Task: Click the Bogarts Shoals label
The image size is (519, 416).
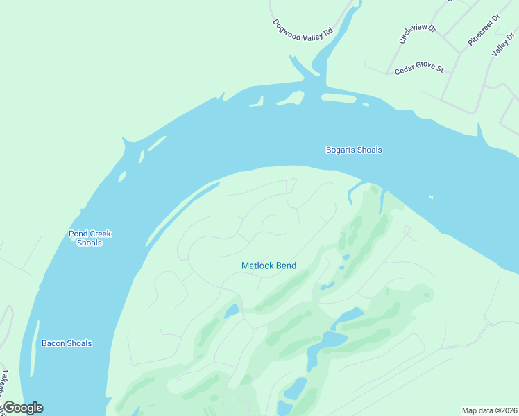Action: coord(354,150)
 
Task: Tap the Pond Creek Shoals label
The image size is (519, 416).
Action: coord(90,238)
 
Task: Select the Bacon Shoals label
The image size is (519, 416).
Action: coord(67,343)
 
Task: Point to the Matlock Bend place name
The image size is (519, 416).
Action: coord(269,266)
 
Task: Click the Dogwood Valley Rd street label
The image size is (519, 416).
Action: coord(303,30)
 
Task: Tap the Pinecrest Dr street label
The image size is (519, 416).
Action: coord(484,31)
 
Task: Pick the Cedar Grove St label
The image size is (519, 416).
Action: coord(418,69)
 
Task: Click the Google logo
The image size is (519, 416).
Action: coord(22,408)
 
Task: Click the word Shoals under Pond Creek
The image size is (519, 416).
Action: coord(90,243)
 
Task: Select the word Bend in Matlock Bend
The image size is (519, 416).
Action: coord(286,266)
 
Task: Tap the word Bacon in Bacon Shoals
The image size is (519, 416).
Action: coord(53,343)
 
